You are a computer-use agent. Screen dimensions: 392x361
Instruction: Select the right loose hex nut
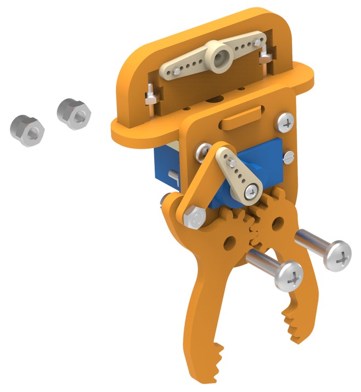pos(73,112)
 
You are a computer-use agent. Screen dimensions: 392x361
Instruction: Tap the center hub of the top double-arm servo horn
pos(222,55)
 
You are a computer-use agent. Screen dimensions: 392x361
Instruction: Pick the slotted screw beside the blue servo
pos(288,157)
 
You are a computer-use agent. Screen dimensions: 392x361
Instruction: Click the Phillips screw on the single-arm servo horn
pos(251,191)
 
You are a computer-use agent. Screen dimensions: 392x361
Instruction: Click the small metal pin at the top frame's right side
pos(266,57)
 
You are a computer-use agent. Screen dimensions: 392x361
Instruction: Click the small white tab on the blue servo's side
pos(173,176)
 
